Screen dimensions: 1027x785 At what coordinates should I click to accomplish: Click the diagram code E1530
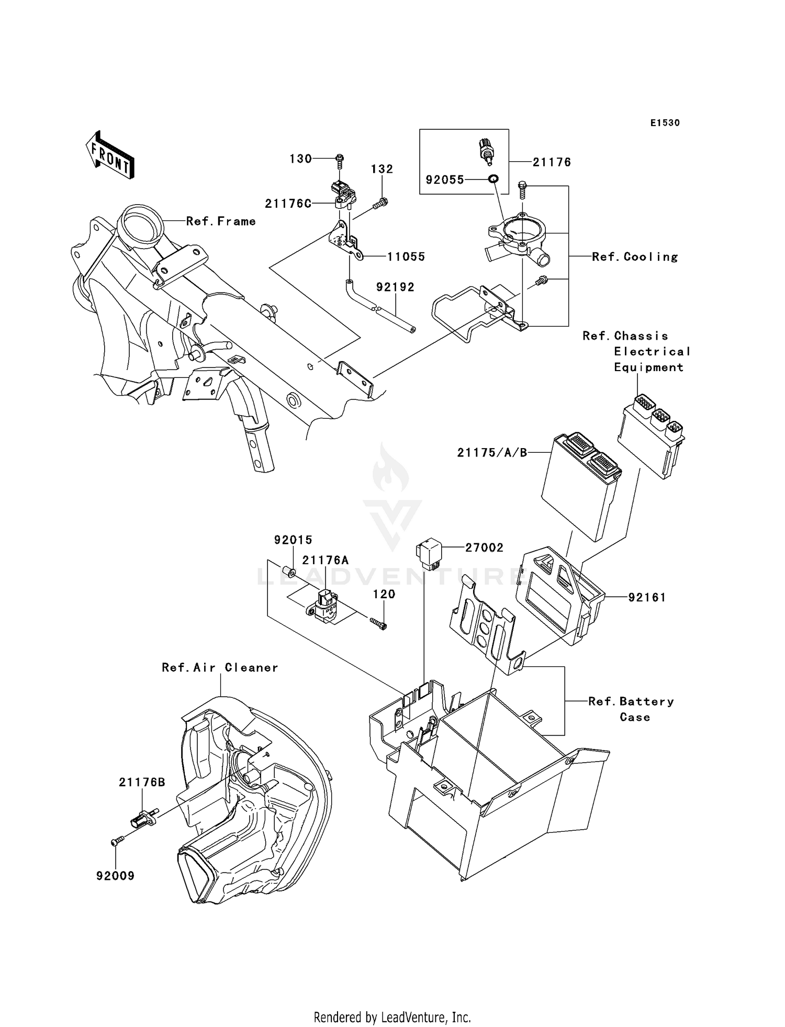point(665,123)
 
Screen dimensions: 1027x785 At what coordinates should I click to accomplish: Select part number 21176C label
point(288,204)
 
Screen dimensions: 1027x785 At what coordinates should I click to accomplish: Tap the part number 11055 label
point(406,256)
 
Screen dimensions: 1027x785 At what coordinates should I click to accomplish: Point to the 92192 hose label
point(395,287)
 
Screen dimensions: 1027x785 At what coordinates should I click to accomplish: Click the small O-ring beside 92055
point(492,180)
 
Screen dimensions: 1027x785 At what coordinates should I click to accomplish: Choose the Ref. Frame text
point(221,221)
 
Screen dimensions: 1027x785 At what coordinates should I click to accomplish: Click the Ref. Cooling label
point(635,256)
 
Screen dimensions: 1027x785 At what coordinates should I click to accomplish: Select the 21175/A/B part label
point(492,453)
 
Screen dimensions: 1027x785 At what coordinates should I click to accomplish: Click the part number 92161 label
point(647,597)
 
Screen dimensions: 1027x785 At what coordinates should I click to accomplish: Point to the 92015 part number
point(293,540)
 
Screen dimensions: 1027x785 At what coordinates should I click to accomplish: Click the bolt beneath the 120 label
point(379,623)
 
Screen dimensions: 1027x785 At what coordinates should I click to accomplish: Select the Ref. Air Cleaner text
point(220,667)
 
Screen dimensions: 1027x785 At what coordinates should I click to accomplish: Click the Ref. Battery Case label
point(631,709)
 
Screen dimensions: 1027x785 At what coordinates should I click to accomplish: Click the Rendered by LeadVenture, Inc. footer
point(392,1017)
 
